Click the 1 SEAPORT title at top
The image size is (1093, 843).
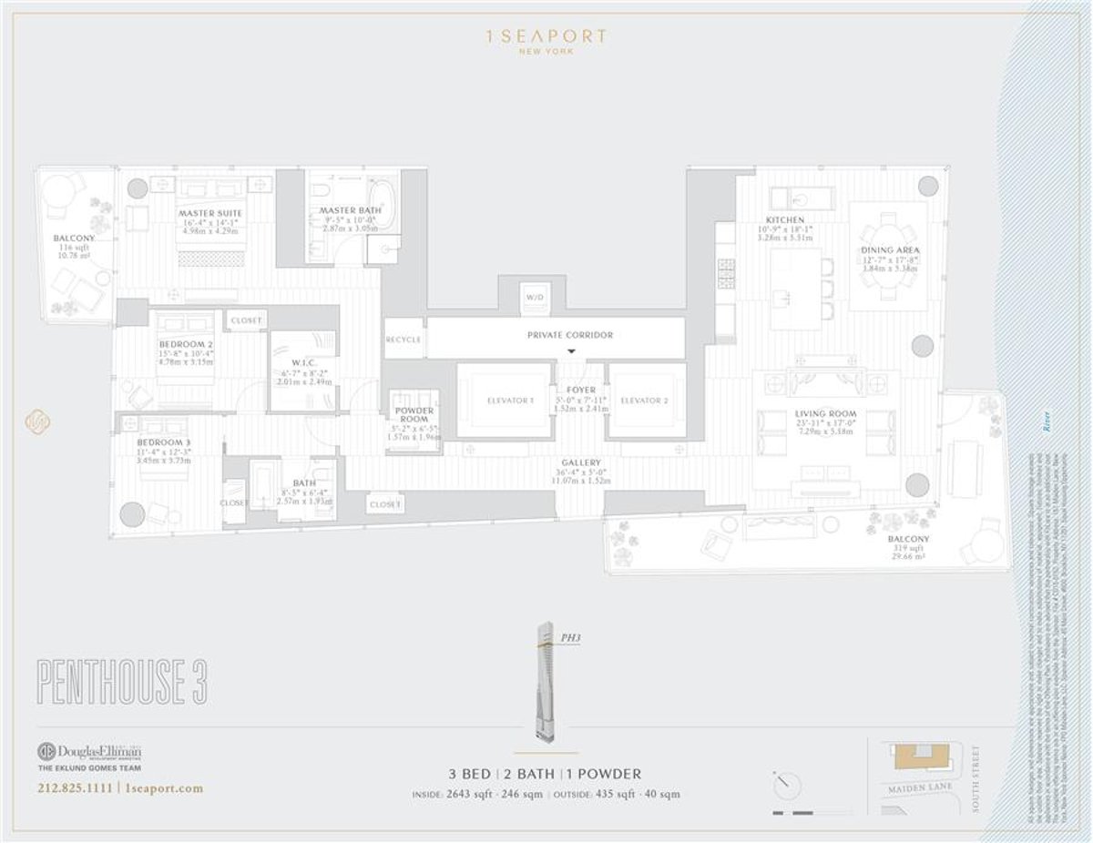546,37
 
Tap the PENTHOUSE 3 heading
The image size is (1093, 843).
121,679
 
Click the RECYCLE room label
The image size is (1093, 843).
403,340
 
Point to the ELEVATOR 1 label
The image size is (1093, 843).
508,401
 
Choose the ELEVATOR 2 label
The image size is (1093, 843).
644,401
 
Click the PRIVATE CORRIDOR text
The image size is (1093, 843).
570,335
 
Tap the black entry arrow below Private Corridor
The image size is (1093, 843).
571,351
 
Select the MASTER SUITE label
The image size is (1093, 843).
210,213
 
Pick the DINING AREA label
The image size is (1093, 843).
890,249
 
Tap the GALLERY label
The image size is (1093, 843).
580,462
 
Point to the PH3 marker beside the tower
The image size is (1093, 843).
571,639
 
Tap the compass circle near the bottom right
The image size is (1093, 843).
786,785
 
